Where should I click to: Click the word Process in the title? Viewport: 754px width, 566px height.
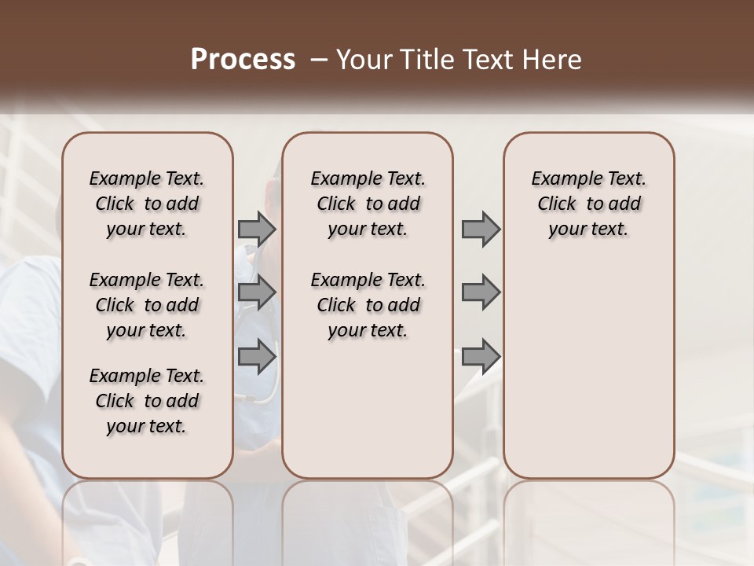click(243, 60)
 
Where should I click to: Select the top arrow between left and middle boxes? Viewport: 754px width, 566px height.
click(257, 230)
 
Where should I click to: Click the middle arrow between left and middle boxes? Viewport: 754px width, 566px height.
click(257, 293)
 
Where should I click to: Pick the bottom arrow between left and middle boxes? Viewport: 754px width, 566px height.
click(257, 356)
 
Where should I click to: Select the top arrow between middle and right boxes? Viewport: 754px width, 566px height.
click(481, 230)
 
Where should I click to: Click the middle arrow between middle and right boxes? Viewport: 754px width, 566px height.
click(481, 293)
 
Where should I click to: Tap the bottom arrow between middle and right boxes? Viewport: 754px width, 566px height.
click(481, 356)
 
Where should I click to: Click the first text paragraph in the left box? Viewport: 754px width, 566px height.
click(147, 204)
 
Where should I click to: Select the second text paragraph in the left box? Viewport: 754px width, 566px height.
click(147, 305)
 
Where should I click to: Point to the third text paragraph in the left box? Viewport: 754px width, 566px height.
click(147, 401)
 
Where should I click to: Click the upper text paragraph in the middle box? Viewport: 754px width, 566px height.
click(368, 204)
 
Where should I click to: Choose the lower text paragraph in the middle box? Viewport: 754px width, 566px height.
click(368, 305)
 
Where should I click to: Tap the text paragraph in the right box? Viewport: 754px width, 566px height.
click(588, 204)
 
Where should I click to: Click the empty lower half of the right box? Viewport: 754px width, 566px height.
click(588, 377)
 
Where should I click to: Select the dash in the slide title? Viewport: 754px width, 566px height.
click(317, 60)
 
